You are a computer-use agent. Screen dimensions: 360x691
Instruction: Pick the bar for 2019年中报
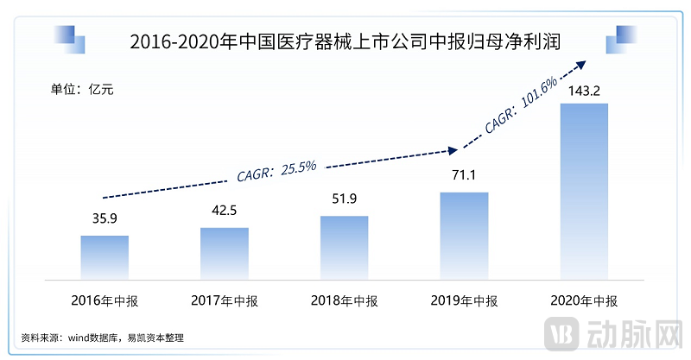(464, 234)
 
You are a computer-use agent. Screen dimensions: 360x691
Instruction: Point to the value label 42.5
(225, 212)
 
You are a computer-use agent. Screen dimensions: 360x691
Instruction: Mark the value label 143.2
(584, 89)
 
